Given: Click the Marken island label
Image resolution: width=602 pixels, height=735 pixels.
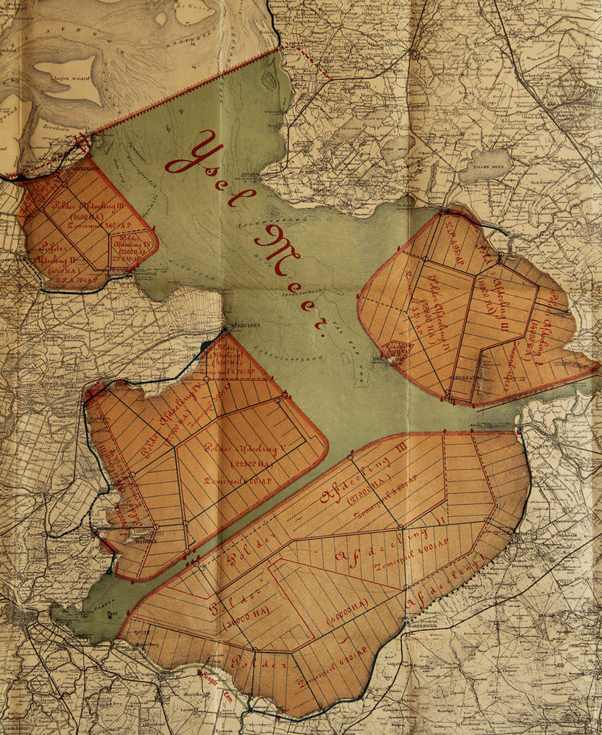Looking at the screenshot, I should coord(133,537).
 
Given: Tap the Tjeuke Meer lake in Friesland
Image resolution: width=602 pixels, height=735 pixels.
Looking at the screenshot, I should coord(486,165).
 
